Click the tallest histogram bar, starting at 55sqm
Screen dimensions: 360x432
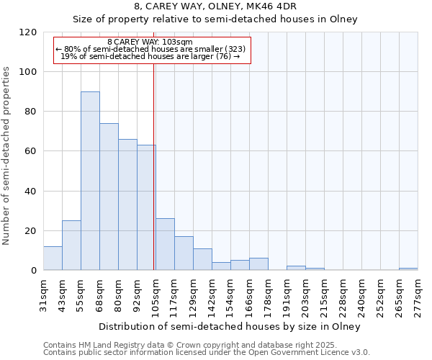(90, 181)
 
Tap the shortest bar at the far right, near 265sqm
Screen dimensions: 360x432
(408, 269)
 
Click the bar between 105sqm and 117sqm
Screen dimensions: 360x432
(165, 244)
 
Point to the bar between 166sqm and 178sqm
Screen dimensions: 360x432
(258, 264)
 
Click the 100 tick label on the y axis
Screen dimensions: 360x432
(29, 72)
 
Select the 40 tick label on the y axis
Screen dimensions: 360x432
(31, 192)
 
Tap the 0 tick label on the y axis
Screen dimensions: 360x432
(34, 271)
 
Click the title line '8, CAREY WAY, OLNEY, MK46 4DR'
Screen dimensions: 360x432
(215, 6)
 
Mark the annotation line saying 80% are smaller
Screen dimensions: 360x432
(151, 49)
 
